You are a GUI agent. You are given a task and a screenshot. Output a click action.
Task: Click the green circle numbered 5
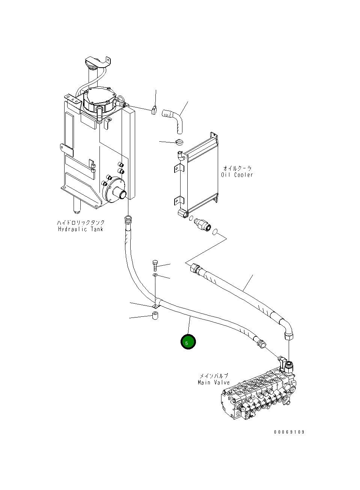188,342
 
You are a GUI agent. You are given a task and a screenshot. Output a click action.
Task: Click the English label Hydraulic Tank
80,229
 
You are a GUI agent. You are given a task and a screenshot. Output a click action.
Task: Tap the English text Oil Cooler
237,175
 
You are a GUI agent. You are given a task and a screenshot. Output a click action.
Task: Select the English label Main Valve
214,383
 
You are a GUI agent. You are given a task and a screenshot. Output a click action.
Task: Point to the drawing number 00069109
289,432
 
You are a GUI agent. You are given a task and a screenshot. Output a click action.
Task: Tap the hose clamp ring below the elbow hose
179,142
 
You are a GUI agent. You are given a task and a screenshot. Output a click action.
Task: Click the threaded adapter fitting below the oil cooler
202,225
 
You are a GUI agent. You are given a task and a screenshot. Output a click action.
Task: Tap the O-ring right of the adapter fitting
215,232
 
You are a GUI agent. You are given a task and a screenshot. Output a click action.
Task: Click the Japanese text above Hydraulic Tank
80,222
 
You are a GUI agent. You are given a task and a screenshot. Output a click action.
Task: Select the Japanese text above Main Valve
214,376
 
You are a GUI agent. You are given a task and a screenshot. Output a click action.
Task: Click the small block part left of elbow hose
154,110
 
